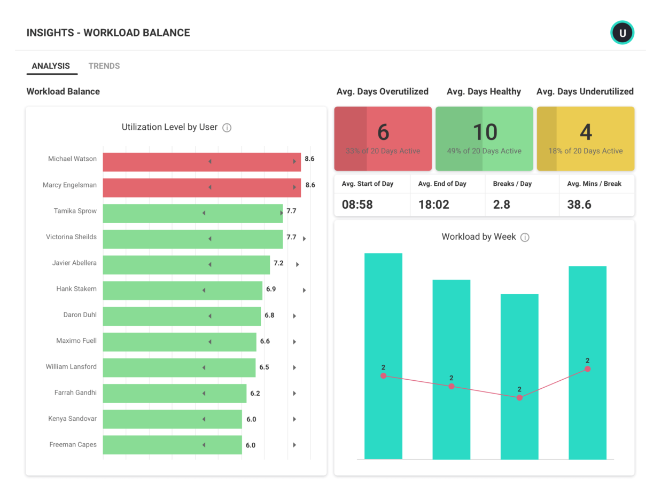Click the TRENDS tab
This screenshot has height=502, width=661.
pos(104,66)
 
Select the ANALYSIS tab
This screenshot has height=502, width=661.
pos(51,66)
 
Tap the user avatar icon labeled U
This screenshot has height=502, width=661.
pos(622,33)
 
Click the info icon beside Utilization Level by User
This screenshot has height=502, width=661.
pos(227,128)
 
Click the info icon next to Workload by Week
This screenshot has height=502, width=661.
pos(525,237)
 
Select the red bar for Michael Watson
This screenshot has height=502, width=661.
pos(201,162)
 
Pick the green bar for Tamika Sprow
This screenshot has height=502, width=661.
pos(192,213)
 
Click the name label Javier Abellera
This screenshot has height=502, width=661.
pos(74,263)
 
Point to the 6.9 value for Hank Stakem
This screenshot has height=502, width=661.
pos(271,289)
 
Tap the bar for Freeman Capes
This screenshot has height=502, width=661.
pos(172,445)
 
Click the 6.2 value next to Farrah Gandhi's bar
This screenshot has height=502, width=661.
pos(255,393)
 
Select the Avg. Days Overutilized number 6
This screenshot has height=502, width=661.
pos(383,132)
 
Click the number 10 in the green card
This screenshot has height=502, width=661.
pos(485,132)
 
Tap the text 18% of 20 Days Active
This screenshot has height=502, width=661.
pos(585,151)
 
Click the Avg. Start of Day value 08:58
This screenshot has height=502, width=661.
pos(357,205)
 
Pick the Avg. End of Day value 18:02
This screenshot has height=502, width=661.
pos(433,205)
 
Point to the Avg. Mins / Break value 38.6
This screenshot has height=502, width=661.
pos(579,205)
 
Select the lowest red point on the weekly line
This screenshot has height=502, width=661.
pos(519,398)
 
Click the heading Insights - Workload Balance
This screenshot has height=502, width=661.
pos(108,33)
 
